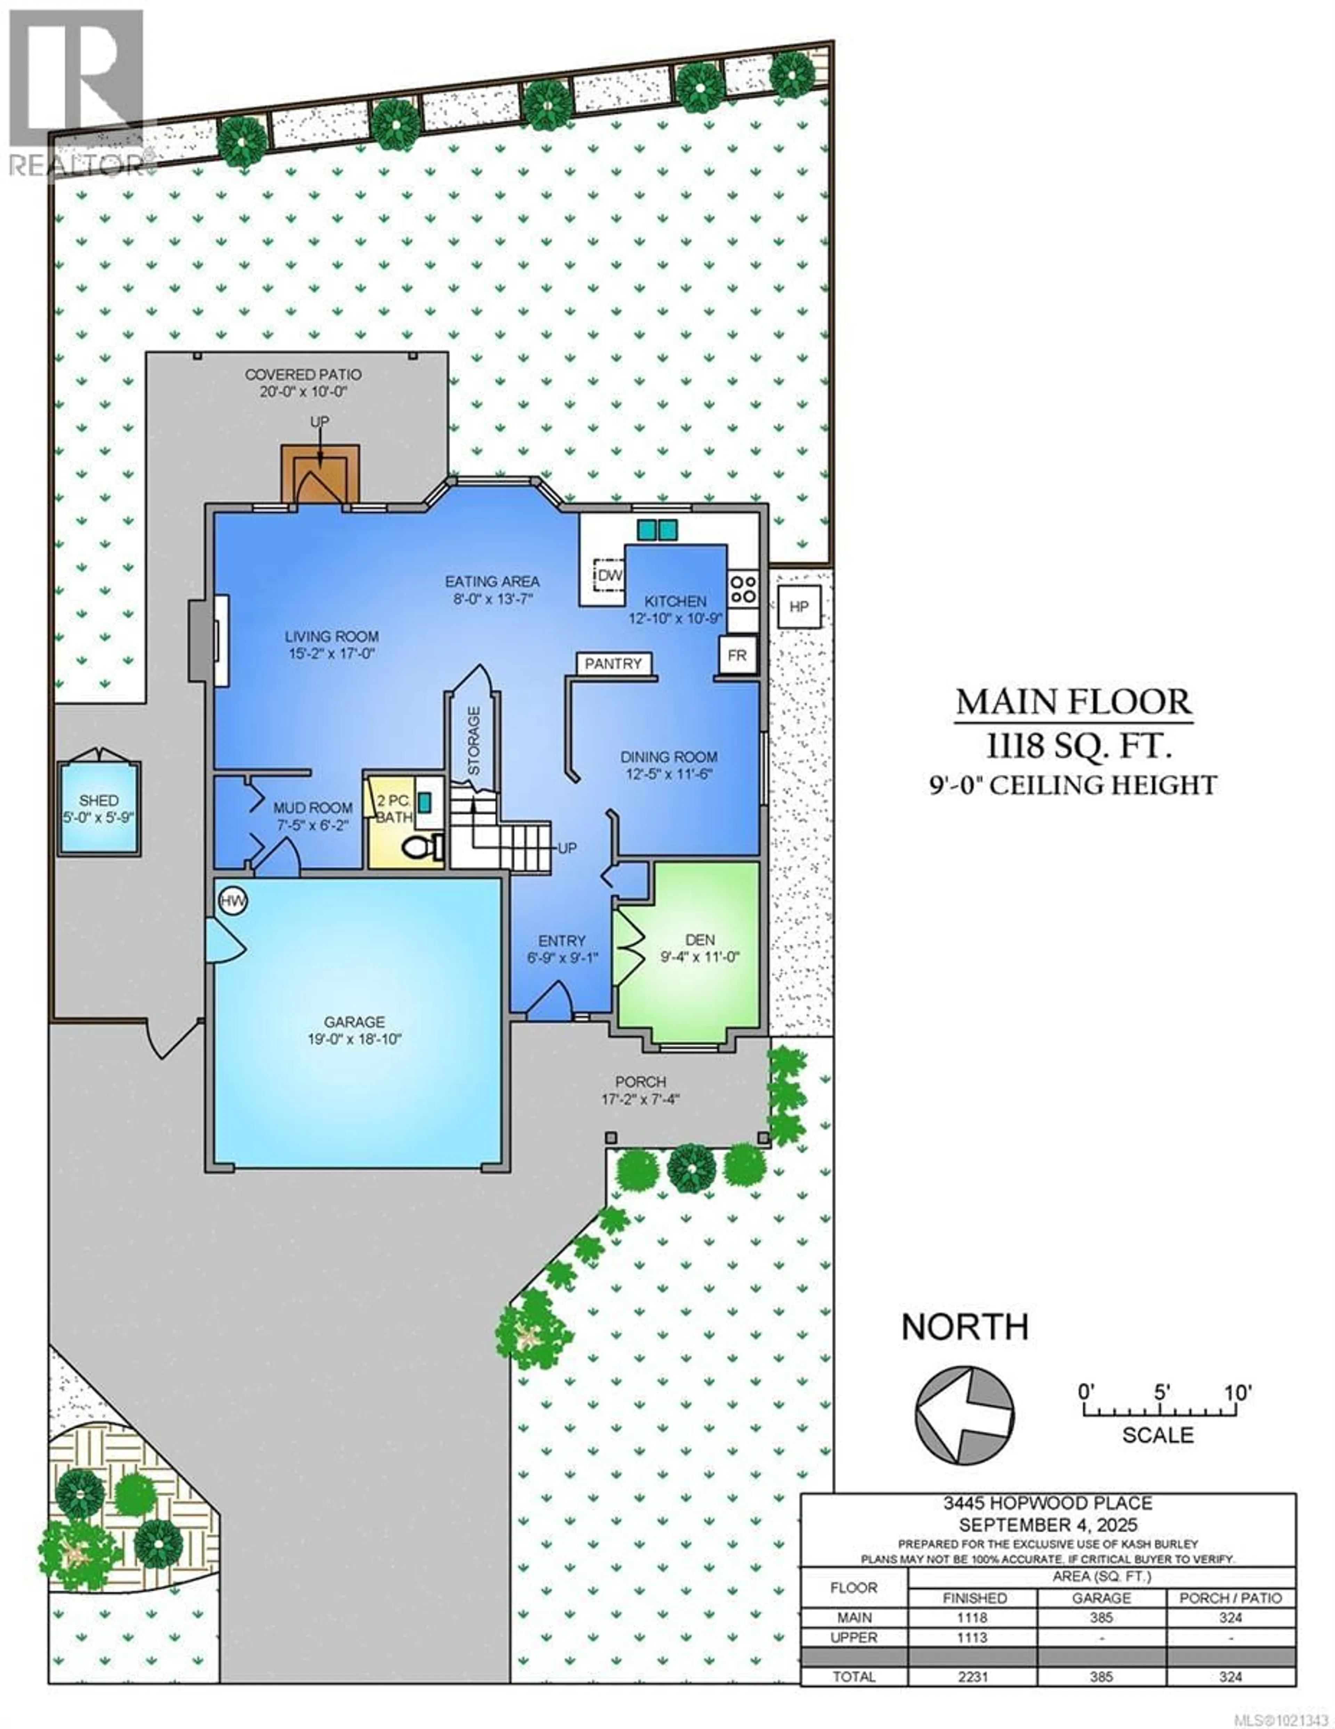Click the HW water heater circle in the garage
233,901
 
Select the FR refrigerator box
737,656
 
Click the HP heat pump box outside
799,606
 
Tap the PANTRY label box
613,663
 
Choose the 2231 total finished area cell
972,1676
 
